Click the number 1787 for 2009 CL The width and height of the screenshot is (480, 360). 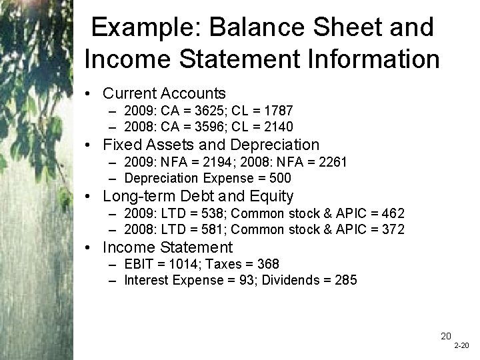280,111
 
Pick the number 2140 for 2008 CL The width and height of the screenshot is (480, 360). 280,127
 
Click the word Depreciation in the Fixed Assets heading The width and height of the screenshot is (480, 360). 275,145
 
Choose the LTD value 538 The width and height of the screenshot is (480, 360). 207,213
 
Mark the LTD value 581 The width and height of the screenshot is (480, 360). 207,229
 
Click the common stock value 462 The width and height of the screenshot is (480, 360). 391,213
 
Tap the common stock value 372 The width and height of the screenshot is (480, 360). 391,229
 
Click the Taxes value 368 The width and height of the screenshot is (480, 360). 268,265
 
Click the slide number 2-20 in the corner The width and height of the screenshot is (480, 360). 461,347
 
